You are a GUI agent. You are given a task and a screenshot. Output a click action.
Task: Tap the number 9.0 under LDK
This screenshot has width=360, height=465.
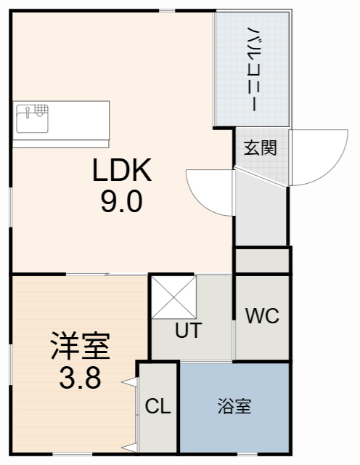121,201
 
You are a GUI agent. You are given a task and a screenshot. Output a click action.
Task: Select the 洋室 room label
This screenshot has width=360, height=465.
80,347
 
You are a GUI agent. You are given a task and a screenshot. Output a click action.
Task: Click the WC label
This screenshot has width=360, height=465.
262,316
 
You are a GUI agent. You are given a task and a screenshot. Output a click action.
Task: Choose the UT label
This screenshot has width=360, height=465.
188,330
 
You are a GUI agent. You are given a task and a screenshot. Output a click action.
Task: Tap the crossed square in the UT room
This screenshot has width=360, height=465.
173,297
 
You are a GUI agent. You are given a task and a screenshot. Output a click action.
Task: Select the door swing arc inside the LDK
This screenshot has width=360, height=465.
207,190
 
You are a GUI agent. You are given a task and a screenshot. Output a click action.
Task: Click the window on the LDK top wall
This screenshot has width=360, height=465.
168,10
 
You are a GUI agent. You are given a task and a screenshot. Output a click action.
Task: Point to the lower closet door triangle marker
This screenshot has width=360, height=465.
130,445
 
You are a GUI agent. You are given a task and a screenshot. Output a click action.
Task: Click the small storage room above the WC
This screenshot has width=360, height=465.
262,260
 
